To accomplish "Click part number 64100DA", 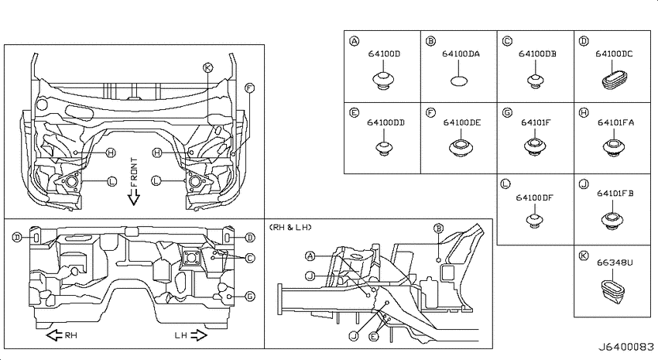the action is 461,53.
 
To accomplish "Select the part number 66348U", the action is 615,262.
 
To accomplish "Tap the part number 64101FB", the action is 615,194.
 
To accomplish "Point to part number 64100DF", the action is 535,197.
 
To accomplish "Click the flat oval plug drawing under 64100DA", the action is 459,81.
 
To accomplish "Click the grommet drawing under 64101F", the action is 535,146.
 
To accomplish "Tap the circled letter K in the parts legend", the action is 584,255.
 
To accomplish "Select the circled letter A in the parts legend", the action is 355,41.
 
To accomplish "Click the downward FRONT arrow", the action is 133,197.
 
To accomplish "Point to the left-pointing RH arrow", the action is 54,335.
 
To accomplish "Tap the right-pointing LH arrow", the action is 198,335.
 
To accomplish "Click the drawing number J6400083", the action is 625,347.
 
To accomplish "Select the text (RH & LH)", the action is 290,228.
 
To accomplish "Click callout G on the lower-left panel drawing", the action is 250,297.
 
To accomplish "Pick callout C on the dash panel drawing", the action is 250,258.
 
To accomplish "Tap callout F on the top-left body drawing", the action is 250,88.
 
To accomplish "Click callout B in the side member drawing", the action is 438,228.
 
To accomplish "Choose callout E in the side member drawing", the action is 373,336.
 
